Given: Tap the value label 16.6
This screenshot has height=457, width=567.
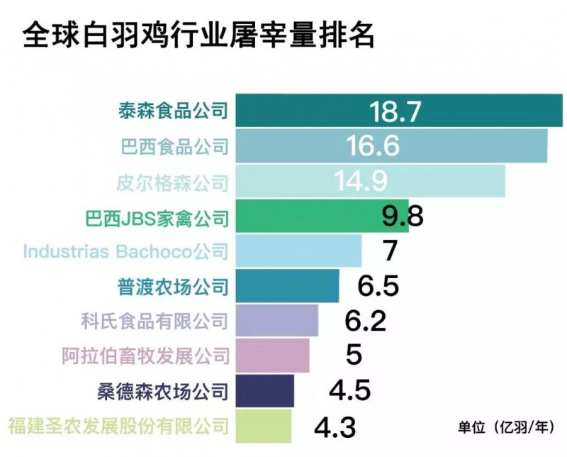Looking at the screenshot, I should pos(374,145).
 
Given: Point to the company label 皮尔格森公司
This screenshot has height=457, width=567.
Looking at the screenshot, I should pos(172,182).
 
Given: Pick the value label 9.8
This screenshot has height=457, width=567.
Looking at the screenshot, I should pos(403,216).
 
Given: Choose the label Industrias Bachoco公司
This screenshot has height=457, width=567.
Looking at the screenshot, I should pos(126,251).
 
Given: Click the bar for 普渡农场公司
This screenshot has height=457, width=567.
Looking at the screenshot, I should pos(286,286).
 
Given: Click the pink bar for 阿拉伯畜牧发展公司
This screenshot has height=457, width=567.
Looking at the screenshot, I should pos(272,356).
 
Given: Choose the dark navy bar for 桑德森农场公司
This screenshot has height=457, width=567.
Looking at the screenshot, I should pos(264,390).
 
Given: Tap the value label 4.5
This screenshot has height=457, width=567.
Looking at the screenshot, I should pos(349,390).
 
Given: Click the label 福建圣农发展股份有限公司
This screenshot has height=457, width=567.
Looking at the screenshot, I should pos(118,426).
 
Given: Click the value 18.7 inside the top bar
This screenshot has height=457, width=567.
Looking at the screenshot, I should pos(395,111).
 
